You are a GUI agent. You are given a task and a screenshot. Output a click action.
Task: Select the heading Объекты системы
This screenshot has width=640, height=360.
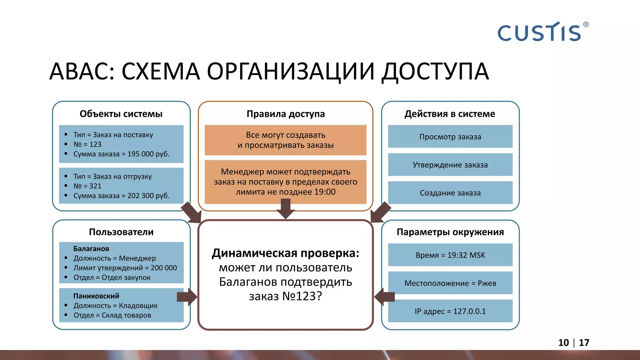coord(121,114)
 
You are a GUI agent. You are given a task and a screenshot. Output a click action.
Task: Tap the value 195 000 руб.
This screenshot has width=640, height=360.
coord(148,154)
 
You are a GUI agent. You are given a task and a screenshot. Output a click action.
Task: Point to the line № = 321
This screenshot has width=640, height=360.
coord(87,186)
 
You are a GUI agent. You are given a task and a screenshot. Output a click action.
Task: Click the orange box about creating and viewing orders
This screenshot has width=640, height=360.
coord(285,140)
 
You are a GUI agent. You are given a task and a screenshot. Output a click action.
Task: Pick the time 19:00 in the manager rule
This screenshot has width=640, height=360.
coord(325,192)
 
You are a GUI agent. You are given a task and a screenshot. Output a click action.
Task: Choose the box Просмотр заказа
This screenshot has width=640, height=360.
coord(450,137)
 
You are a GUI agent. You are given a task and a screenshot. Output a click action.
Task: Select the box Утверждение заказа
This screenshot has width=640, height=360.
coord(450,165)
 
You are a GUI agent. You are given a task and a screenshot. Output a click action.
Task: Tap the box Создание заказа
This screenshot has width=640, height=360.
coord(450,193)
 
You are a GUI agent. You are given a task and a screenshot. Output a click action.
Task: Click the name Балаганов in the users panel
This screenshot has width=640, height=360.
coord(91,249)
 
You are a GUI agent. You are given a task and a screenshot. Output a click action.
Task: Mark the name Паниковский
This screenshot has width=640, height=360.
coord(96,296)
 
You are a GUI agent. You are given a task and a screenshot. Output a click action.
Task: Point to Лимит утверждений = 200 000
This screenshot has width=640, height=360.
coord(125,268)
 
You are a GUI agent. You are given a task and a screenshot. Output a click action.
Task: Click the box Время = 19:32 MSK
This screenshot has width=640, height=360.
coord(450,255)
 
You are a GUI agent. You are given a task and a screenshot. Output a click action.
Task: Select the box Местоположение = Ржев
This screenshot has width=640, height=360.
coord(450,283)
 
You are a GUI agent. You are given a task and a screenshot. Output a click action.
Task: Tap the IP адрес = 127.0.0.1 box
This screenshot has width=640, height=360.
coord(450,311)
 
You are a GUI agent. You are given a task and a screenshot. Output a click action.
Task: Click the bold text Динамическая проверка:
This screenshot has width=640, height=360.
coord(285,253)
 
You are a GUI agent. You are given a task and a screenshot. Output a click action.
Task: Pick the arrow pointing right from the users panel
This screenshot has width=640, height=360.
coord(187,297)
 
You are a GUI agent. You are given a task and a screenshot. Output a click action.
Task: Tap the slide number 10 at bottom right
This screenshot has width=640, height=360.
coord(563,343)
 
